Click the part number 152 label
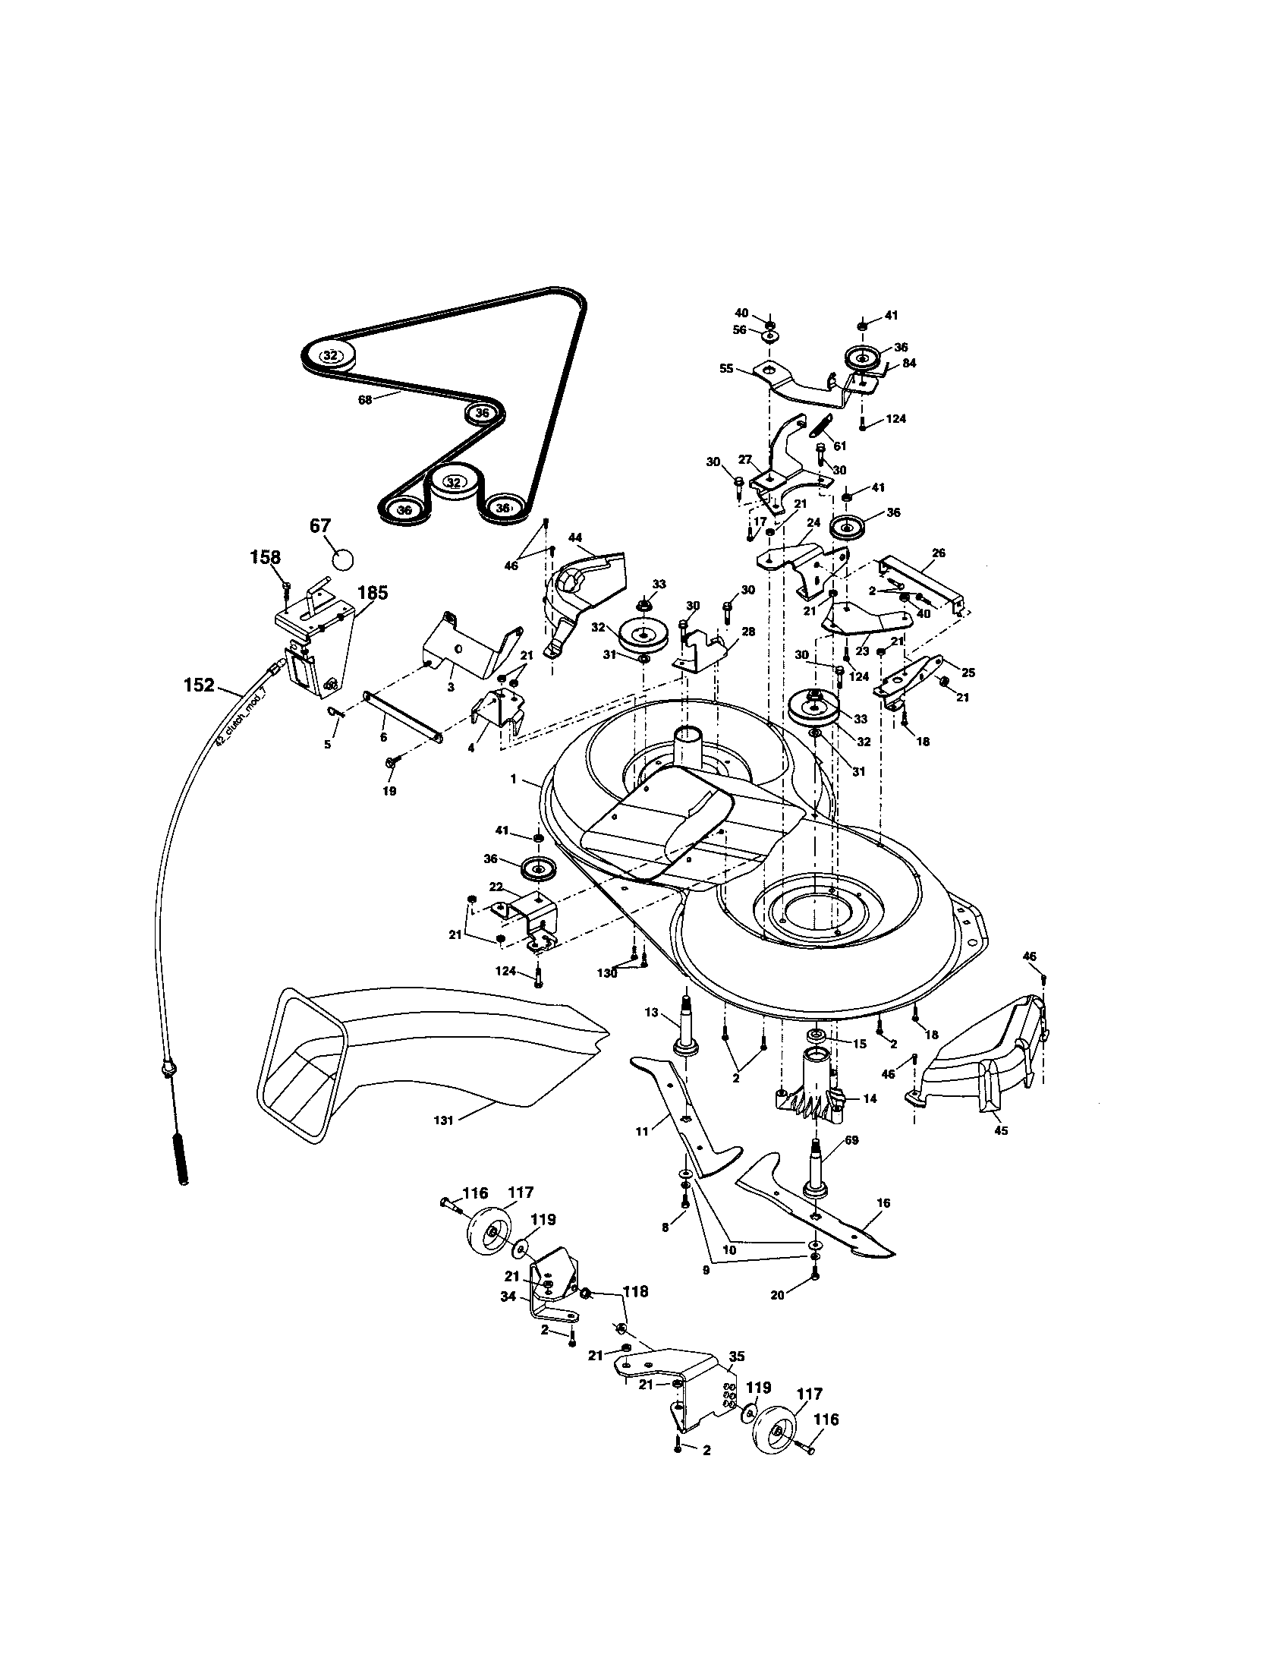(199, 685)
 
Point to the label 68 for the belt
(364, 399)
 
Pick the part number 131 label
(443, 1120)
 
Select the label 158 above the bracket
(265, 557)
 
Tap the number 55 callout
(726, 369)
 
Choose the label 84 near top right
(908, 363)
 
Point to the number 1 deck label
(514, 779)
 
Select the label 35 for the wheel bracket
(736, 1357)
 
